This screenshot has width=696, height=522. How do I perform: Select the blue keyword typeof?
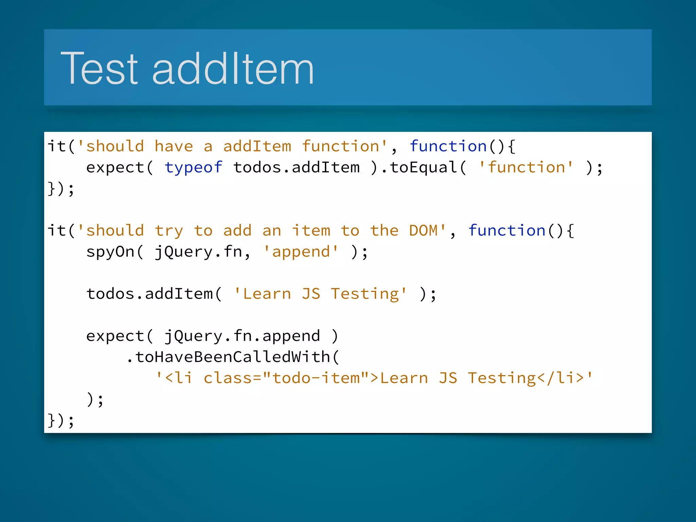(x=193, y=168)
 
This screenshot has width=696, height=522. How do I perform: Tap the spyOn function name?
(x=110, y=252)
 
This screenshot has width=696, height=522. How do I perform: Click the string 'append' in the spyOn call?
(x=301, y=252)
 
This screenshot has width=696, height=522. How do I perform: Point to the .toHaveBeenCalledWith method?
(x=232, y=357)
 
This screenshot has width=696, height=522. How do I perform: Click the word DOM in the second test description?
(x=423, y=231)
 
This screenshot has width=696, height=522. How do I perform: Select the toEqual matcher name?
(x=423, y=168)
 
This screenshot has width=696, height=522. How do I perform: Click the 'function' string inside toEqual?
(x=526, y=168)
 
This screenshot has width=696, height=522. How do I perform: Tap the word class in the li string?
(x=228, y=378)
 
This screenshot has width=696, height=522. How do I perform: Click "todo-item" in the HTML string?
(x=316, y=378)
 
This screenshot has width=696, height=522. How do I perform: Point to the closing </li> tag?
(x=560, y=378)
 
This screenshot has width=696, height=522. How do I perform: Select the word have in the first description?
(x=174, y=146)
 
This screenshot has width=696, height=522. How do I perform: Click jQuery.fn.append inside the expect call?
(x=242, y=336)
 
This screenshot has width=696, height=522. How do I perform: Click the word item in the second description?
(x=311, y=231)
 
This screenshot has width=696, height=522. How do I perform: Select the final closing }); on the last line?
(x=61, y=420)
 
